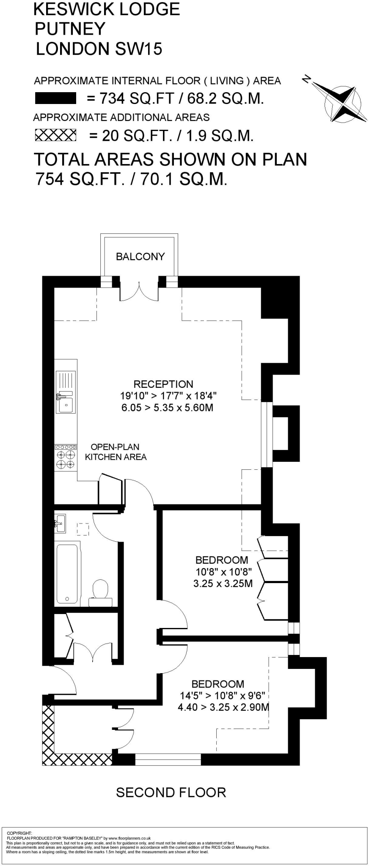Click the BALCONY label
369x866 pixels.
click(140, 256)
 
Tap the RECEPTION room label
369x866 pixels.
click(163, 384)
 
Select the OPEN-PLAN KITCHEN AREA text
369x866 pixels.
click(116, 452)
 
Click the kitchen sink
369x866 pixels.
click(66, 392)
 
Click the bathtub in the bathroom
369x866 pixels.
click(68, 573)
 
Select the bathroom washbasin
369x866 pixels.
click(60, 523)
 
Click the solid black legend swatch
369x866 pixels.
click(55, 99)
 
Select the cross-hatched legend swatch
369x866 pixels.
click(55, 135)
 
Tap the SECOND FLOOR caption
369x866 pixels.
click(171, 792)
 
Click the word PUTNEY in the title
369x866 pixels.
click(70, 29)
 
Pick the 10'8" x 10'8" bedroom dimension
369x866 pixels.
click(223, 572)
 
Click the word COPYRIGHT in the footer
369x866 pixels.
click(19, 833)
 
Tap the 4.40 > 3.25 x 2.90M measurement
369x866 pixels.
click(223, 707)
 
